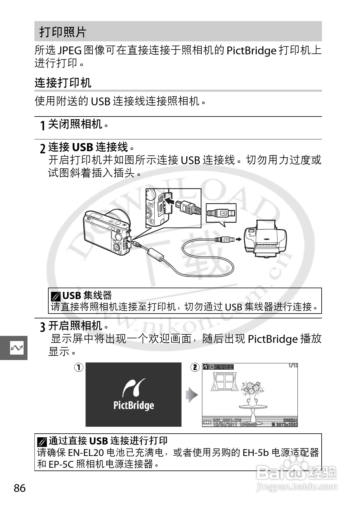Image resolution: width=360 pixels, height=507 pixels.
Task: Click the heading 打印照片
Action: click(x=63, y=32)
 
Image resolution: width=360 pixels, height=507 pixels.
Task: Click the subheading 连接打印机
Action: click(x=63, y=83)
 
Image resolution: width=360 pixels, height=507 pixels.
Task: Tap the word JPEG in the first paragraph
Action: click(x=69, y=50)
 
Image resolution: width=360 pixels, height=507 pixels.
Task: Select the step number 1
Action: click(x=43, y=125)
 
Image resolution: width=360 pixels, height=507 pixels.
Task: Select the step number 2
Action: click(x=43, y=148)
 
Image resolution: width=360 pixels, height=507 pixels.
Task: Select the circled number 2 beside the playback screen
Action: click(x=195, y=367)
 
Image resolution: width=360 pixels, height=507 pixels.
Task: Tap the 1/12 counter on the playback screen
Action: click(x=293, y=366)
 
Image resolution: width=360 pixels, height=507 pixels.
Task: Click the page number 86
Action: click(x=20, y=488)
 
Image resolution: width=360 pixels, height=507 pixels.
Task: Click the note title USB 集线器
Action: click(x=87, y=295)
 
